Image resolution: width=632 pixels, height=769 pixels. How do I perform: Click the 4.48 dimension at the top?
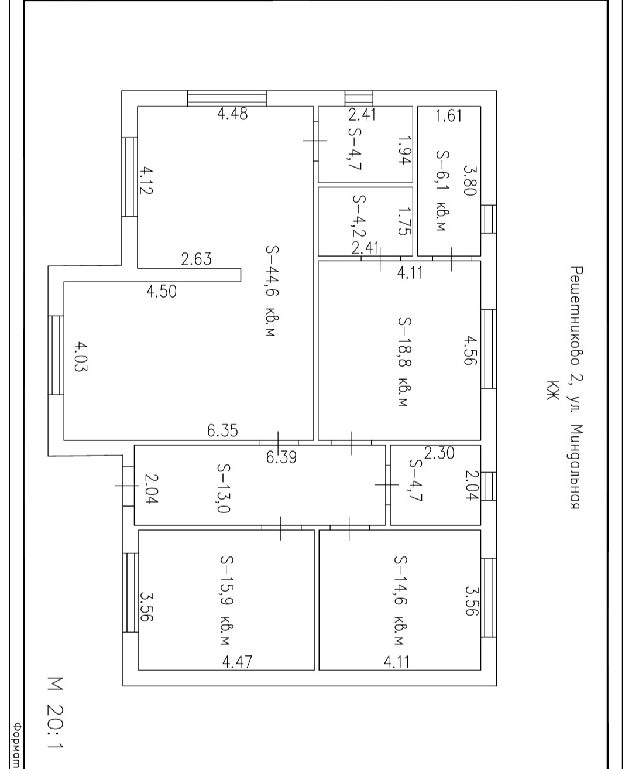232,114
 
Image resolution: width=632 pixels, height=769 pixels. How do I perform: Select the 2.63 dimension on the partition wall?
196,259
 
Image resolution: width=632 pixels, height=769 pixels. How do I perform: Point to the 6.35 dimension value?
222,431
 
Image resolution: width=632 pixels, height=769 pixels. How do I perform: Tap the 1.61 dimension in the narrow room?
449,115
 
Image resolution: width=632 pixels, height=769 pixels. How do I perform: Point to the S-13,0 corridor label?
224,488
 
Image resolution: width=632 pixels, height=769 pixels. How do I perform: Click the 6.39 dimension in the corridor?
281,457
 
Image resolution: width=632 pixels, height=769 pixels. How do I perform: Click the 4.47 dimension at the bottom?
237,662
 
